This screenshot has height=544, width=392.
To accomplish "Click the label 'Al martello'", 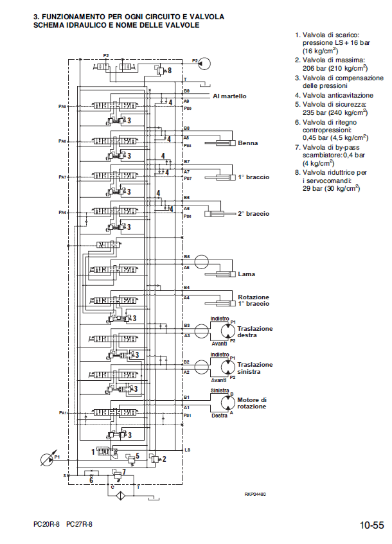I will [229, 96].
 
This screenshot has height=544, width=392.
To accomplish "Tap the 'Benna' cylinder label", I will [247, 143].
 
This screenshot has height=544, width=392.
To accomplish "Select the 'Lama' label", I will [246, 274].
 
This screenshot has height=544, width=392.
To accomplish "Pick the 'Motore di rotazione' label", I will [251, 403].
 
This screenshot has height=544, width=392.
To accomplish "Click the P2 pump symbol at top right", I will [205, 62].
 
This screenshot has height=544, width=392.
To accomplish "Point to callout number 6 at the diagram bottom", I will [91, 480].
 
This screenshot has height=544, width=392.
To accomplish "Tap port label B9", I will [186, 91].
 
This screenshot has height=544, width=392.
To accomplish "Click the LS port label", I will [187, 449].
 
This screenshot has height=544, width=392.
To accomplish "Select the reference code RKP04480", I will [255, 494].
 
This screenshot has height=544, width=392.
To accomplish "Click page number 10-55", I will [372, 525].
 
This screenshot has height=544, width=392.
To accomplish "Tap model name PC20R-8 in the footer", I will [46, 525].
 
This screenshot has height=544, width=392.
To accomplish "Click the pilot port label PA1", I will [62, 412].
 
